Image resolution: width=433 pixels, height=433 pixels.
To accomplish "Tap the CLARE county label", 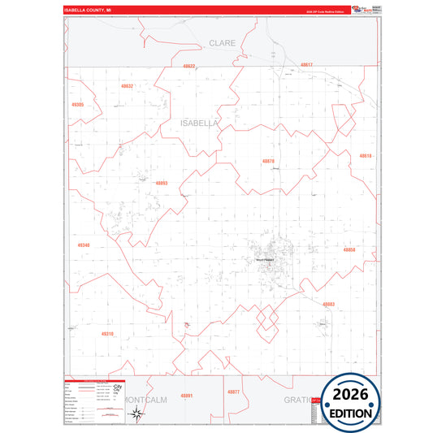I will click(222, 43).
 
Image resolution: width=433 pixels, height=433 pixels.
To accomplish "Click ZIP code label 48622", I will click(189, 66).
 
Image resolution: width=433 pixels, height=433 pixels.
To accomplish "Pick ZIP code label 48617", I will click(305, 64).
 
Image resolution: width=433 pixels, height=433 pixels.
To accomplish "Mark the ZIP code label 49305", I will click(77, 105).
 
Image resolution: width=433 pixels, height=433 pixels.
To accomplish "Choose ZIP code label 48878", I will click(268, 161).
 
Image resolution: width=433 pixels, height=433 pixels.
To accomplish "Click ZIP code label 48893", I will click(161, 183).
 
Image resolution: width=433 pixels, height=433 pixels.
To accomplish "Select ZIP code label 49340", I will click(84, 245).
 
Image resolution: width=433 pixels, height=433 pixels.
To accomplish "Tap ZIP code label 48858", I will click(349, 249).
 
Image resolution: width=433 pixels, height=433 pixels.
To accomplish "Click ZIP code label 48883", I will click(328, 304).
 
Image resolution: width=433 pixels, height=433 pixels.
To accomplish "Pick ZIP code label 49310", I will click(107, 333).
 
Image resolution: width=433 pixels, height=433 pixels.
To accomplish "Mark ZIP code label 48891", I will click(186, 395).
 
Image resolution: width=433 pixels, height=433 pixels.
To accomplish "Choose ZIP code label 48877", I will click(234, 392).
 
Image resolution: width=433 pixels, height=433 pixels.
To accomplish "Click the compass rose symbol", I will click(137, 415).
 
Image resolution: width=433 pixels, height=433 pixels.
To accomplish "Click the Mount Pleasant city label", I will click(266, 260).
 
